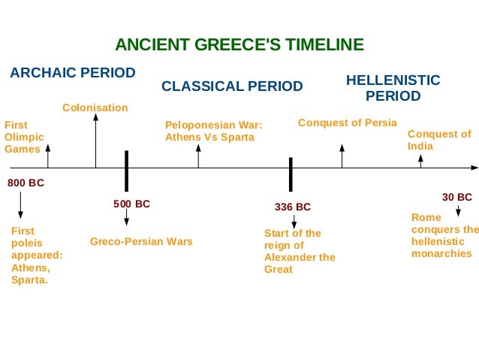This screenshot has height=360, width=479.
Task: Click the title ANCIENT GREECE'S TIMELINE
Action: (239, 44)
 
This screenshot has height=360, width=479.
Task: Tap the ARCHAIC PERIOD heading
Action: (72, 73)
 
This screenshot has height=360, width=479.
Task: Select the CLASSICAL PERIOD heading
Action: (232, 86)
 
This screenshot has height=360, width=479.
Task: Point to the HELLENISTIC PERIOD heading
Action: (393, 88)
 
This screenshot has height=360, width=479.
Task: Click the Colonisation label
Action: (95, 108)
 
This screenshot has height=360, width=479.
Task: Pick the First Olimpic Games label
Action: (24, 137)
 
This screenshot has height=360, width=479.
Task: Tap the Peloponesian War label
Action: (214, 131)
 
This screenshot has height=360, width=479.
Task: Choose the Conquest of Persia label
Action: (348, 123)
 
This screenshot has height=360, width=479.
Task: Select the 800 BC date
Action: (26, 183)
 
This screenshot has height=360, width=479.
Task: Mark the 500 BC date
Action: (132, 204)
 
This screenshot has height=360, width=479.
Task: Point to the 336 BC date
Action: (293, 207)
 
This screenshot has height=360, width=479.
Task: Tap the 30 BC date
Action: (456, 197)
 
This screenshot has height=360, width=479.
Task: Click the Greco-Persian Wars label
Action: (141, 241)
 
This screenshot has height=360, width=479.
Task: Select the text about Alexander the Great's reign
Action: (300, 251)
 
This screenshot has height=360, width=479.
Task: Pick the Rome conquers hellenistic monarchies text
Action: (444, 235)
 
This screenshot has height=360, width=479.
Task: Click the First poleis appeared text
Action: (37, 256)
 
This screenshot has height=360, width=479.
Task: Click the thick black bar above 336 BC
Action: (291, 174)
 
